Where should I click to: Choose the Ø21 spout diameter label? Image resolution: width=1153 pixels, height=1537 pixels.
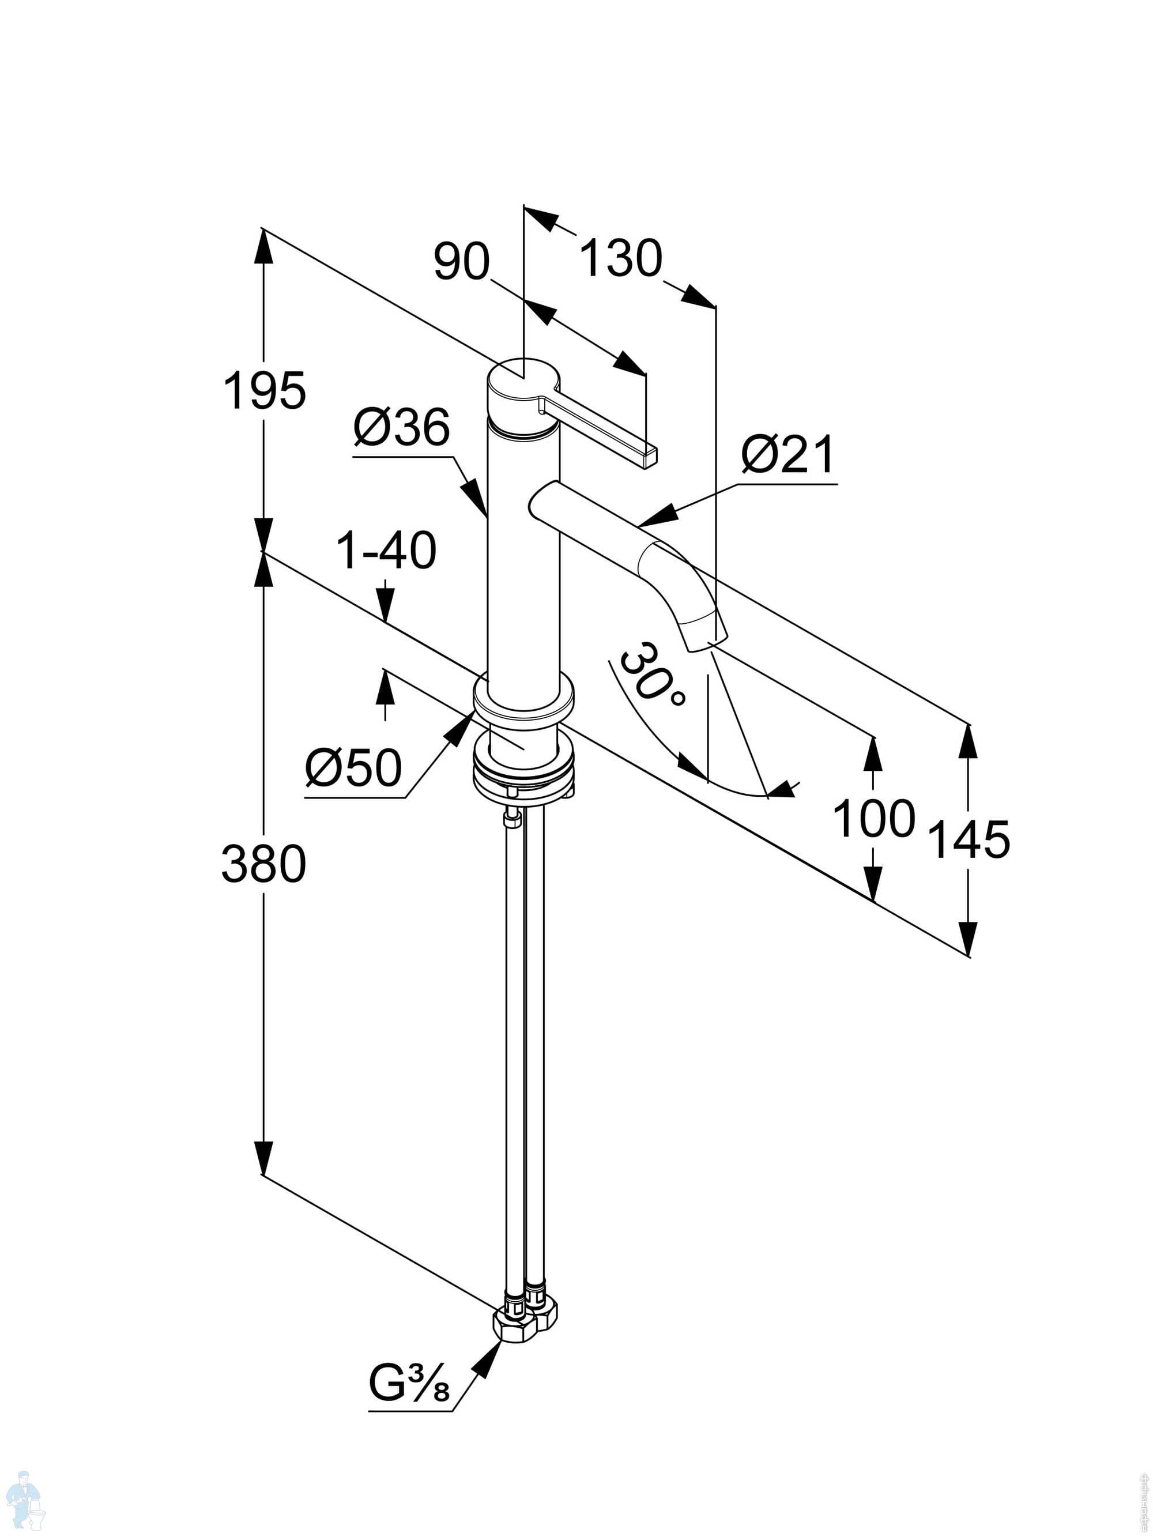[x=787, y=455]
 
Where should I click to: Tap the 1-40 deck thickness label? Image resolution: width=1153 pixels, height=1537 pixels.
[x=386, y=551]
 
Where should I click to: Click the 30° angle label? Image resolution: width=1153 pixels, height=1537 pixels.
[x=650, y=674]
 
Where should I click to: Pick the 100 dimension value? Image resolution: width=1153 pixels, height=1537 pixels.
[x=873, y=819]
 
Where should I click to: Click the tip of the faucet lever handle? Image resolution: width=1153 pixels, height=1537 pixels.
[x=651, y=457]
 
